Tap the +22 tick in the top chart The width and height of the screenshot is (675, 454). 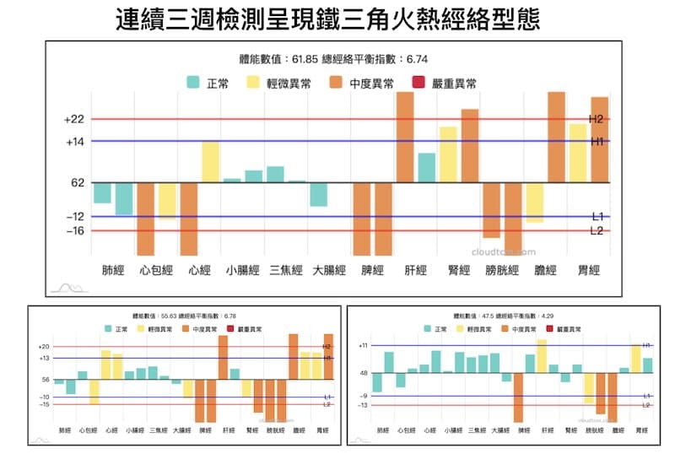(x=74, y=120)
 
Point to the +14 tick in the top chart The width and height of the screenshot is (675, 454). (x=74, y=142)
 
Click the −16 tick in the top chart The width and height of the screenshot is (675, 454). (x=74, y=230)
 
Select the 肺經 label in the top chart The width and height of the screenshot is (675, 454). (x=112, y=271)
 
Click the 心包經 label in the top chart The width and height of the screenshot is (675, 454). (x=156, y=271)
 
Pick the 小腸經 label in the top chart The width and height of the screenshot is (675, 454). (x=242, y=271)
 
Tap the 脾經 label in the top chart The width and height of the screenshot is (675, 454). (x=372, y=271)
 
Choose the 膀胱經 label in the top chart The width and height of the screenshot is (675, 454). (x=502, y=271)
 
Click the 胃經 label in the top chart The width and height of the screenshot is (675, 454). (x=588, y=271)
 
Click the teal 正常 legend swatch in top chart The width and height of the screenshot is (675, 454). (x=192, y=84)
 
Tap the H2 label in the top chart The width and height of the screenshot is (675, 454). (x=597, y=119)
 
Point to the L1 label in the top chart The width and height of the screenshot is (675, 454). (x=597, y=216)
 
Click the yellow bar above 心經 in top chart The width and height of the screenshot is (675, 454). (x=210, y=162)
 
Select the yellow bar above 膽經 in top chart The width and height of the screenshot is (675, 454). (x=534, y=203)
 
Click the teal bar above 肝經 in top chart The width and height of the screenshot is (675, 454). (x=427, y=167)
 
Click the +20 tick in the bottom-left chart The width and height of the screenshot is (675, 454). (x=44, y=347)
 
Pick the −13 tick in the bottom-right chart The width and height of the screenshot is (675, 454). (x=363, y=406)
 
